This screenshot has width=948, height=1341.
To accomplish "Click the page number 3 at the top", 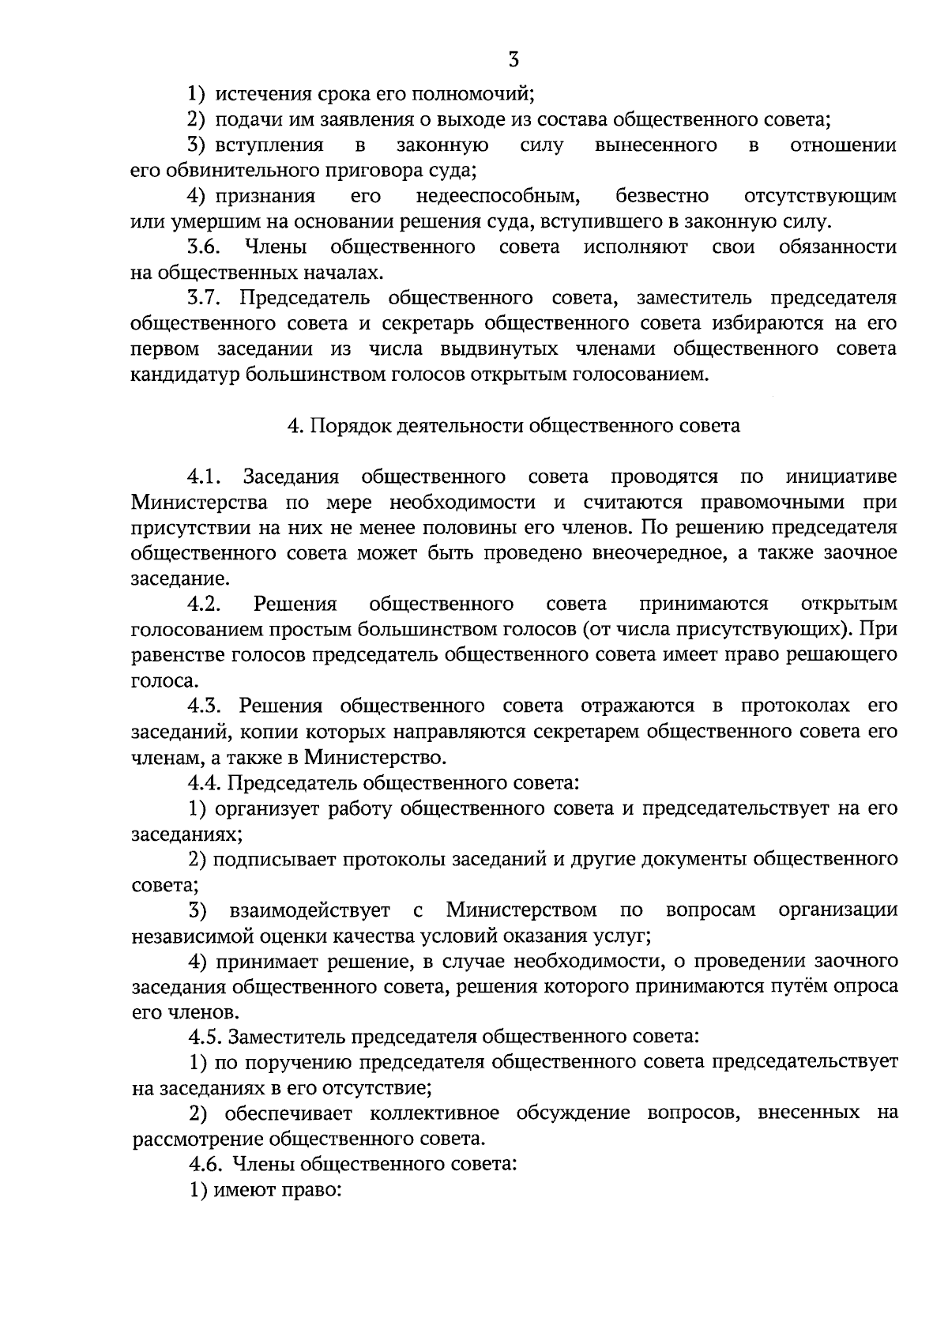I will point(514,59).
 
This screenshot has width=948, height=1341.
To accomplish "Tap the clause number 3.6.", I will point(203,247).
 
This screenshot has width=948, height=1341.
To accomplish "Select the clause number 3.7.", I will point(203,299).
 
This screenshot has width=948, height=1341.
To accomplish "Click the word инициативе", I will point(841,477).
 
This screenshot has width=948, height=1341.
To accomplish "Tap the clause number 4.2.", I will point(203,605).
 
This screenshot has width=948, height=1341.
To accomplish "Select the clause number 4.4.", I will point(205,783).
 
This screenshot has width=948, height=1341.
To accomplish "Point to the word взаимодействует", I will point(310,910).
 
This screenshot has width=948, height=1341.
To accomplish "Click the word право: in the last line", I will point(311,1190).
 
